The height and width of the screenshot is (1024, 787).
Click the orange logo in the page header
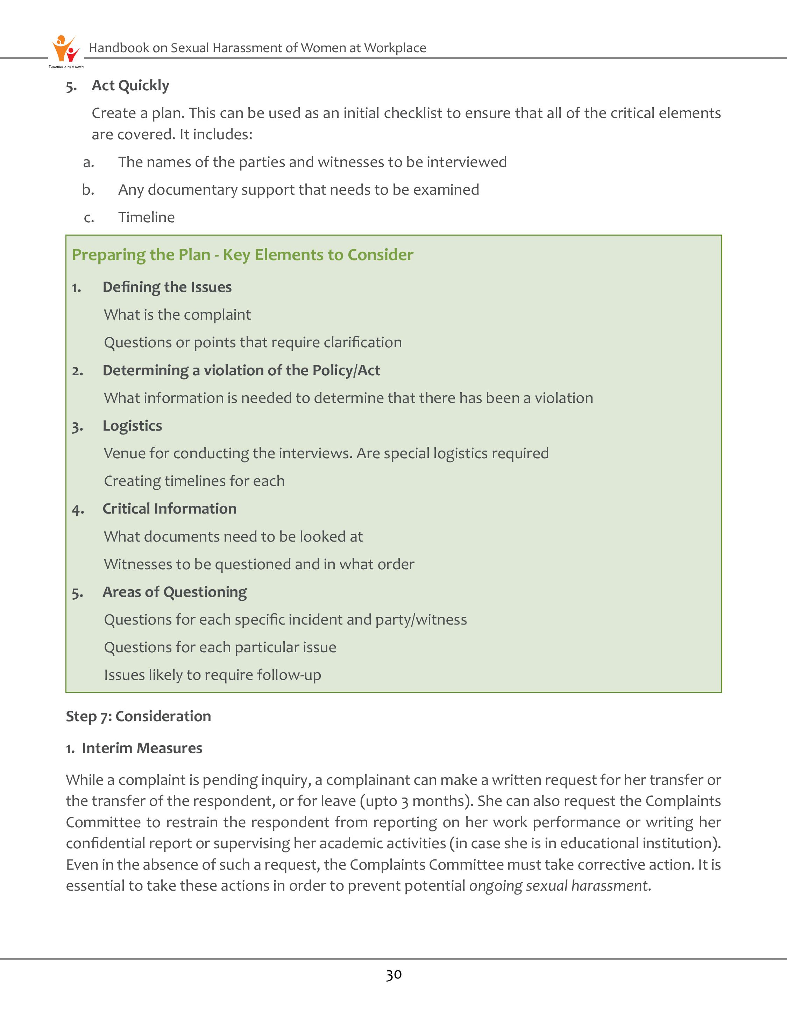tap(65, 49)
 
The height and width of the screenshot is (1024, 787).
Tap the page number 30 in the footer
tap(393, 975)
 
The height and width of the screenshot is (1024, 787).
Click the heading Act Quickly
tap(130, 86)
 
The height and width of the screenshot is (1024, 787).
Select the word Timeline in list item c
tap(146, 217)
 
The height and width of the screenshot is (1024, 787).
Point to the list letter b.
tap(88, 190)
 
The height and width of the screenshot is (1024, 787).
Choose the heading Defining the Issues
tap(167, 287)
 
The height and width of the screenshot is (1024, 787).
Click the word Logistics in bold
tap(132, 426)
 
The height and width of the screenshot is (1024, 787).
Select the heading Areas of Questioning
tap(174, 592)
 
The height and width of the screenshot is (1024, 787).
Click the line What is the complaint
tap(177, 315)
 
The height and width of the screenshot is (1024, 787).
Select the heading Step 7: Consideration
tap(138, 716)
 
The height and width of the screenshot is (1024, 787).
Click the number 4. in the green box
tap(78, 510)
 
